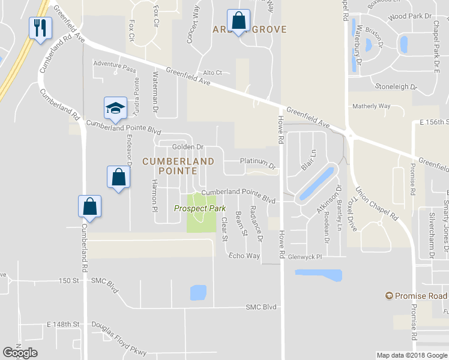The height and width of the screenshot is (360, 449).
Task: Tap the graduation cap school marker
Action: (x=115, y=108)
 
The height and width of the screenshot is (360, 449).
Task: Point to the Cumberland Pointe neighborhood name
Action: (x=178, y=166)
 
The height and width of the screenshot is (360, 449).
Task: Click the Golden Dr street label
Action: (x=188, y=146)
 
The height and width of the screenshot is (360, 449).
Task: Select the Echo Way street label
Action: (x=244, y=256)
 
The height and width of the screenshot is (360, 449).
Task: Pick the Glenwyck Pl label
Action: (x=305, y=256)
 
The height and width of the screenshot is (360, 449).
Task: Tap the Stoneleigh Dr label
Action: (x=396, y=86)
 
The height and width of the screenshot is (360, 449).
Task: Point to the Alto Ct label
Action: (x=212, y=73)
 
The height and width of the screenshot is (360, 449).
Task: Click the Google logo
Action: (x=20, y=353)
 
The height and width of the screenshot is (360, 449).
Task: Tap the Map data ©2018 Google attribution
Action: (x=411, y=355)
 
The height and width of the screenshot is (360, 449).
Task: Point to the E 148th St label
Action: (x=63, y=325)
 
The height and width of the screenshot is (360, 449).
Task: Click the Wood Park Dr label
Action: (x=411, y=18)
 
